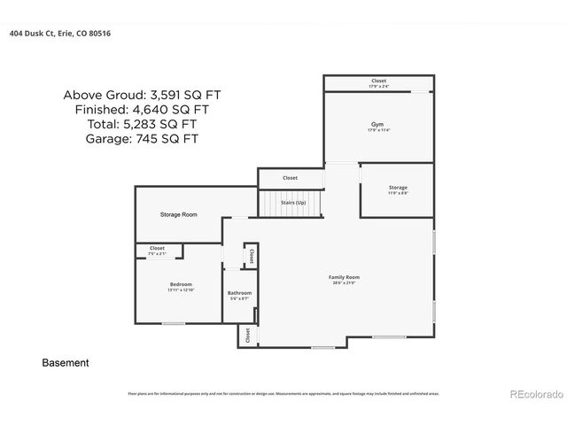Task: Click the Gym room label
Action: pos(377,124)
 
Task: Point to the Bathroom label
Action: pos(239,293)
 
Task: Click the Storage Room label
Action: pos(178,215)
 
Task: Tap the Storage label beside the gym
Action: pos(398,188)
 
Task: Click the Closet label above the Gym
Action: pos(378,81)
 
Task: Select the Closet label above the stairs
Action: pos(290,178)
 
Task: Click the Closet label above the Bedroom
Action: pos(157,248)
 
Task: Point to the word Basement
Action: pos(66,363)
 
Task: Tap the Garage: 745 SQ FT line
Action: pos(142,139)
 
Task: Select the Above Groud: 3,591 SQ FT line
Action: pos(142,95)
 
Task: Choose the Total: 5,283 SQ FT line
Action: pos(142,124)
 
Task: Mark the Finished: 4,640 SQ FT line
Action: pos(142,110)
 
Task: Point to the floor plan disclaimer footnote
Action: pos(283,393)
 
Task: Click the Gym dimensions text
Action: pos(377,130)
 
